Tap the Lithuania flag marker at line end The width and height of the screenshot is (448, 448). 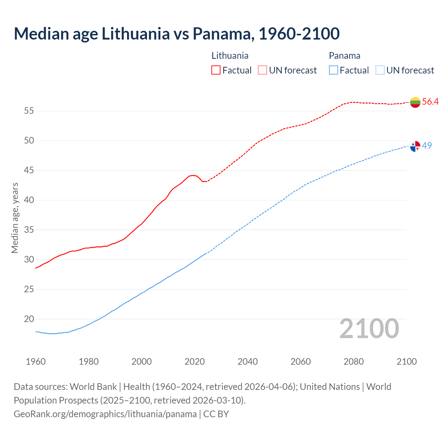point(415,102)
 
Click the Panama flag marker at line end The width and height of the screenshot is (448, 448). point(415,146)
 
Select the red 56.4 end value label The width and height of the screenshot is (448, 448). point(430,101)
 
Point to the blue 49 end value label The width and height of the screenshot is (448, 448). point(427,146)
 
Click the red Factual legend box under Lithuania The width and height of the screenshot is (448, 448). point(216,70)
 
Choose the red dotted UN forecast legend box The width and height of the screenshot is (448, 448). point(262,70)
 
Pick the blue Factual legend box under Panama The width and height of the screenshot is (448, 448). point(334,70)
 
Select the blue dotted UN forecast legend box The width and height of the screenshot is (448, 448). point(380,70)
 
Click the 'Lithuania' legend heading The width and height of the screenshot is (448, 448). point(230,56)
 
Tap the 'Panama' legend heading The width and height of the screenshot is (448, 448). point(344,56)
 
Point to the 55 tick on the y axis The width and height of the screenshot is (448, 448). point(29,111)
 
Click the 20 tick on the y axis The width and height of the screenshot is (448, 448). point(29,319)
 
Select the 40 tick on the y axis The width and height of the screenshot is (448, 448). point(29,200)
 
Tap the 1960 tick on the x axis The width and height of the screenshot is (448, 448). point(36,362)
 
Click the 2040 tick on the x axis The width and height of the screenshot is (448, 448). point(247,362)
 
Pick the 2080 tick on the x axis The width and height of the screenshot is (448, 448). point(353,362)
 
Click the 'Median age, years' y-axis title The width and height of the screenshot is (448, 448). point(15,218)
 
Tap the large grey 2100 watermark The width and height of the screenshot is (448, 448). point(369,328)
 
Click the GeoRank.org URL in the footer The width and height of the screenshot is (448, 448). point(105,414)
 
